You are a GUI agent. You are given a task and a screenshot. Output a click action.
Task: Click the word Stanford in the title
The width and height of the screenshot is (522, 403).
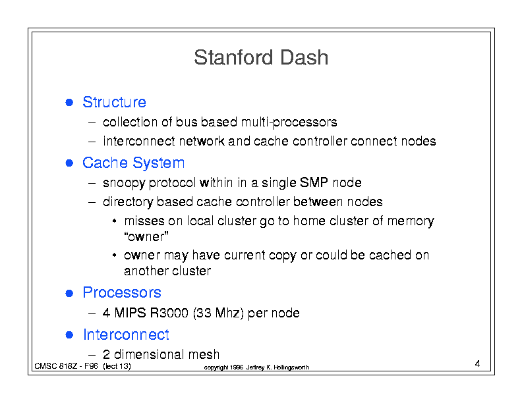click(234, 57)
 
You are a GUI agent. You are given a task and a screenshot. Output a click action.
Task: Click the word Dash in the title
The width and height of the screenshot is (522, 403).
click(304, 57)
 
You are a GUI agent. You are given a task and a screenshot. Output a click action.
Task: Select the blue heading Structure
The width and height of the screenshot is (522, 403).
click(114, 102)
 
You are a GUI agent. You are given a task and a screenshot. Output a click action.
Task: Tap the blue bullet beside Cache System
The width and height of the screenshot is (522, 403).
click(69, 163)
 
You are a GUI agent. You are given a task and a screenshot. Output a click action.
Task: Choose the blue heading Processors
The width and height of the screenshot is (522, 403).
click(122, 292)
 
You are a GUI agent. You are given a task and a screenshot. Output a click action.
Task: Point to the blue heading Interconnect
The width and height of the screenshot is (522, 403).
click(126, 335)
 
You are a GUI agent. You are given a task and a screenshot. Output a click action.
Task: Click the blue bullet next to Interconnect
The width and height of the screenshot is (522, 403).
click(69, 335)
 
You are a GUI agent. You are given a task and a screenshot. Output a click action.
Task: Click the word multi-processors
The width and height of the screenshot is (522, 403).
click(289, 122)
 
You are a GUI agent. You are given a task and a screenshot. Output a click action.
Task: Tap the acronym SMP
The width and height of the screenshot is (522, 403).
click(314, 182)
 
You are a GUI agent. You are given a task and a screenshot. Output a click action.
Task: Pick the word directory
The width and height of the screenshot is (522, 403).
click(128, 202)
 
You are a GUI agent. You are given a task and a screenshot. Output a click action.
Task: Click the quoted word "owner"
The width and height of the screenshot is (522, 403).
click(146, 237)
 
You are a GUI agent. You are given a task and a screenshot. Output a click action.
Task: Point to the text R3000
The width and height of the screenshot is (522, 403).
click(169, 313)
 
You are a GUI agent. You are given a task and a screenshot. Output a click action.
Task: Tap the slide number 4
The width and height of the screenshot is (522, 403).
click(477, 363)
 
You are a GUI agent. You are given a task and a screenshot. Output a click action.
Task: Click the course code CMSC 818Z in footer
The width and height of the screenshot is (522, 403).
click(56, 366)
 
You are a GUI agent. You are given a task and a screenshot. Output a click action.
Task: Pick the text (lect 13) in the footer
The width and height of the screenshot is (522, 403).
click(117, 366)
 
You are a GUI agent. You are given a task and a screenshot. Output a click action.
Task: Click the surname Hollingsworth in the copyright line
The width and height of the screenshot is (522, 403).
click(291, 367)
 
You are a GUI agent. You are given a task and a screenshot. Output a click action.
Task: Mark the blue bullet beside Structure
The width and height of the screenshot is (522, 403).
click(69, 103)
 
